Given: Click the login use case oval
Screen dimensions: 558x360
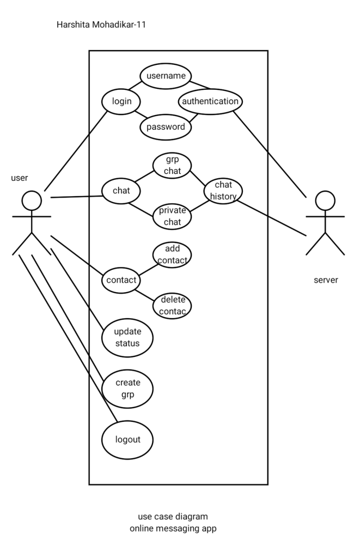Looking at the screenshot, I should tap(121, 101).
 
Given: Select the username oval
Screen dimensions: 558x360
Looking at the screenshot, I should tap(166, 76).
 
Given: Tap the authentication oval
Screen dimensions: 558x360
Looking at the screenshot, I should tap(210, 101).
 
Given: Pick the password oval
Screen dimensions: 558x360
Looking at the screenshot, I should tap(166, 128).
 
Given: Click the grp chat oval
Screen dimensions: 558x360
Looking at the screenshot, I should tap(172, 166).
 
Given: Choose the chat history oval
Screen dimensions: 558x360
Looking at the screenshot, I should tap(223, 191).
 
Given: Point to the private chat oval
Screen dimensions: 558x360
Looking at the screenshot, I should tap(172, 215).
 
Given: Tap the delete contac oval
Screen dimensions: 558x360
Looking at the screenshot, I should tap(172, 305).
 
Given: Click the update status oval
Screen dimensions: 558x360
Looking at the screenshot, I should tap(127, 338).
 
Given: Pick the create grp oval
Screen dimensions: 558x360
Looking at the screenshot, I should tap(127, 388).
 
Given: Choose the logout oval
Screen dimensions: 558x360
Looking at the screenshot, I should tap(127, 439).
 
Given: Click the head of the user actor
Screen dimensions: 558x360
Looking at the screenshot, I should tap(32, 200).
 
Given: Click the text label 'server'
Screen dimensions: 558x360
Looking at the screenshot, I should tap(326, 280).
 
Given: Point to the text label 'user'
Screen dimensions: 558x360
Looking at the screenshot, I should tap(20, 178).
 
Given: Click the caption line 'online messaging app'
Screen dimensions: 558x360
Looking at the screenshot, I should tap(173, 528).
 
